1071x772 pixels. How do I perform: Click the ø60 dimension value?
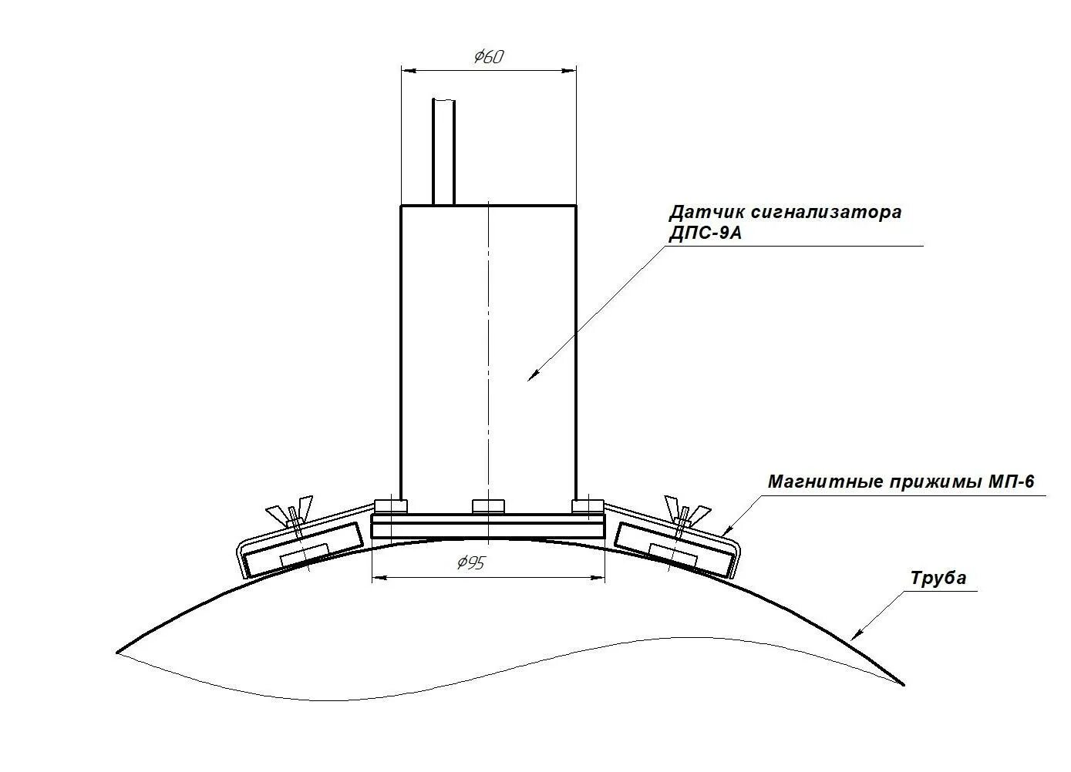(488, 56)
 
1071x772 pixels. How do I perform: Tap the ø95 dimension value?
(470, 564)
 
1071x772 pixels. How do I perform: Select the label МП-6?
(1011, 482)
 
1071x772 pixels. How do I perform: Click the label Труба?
(938, 578)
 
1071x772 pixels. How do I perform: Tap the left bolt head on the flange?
(391, 506)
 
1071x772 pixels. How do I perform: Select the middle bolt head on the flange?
(488, 506)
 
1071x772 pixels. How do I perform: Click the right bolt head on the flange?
(588, 506)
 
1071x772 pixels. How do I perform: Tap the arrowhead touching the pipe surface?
(856, 635)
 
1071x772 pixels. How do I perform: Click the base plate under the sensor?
(487, 529)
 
